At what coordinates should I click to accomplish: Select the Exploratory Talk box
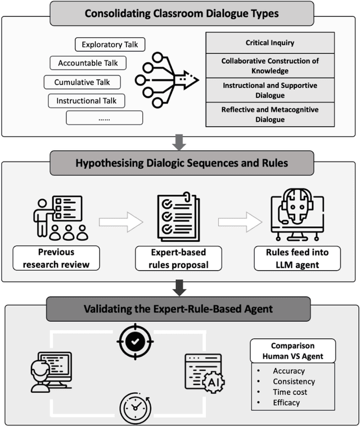click(110, 44)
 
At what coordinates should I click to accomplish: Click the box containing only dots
click(104, 119)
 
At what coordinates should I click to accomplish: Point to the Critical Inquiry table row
click(269, 43)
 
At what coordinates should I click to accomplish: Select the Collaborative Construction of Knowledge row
click(269, 66)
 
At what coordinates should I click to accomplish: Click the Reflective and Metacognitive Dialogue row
click(269, 114)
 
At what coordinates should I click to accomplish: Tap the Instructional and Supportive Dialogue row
click(269, 90)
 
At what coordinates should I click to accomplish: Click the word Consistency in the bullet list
click(294, 382)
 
